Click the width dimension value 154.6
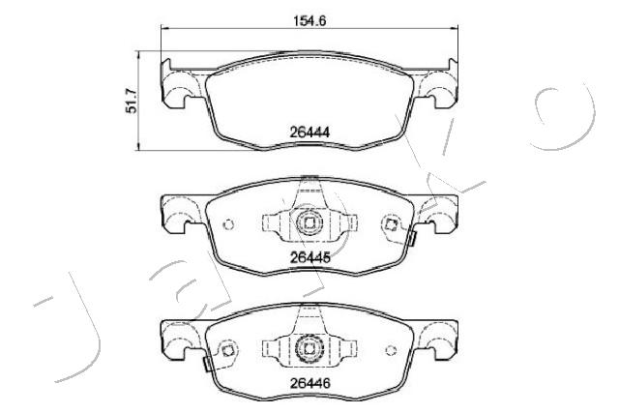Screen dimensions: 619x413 point(309,20)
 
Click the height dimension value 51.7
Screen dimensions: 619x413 point(132,102)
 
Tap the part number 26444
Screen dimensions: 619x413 point(309,133)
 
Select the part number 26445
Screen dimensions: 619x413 point(309,258)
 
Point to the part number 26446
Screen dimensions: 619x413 point(309,383)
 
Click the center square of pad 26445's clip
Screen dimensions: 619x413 point(309,223)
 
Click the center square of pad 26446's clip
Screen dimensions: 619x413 point(309,348)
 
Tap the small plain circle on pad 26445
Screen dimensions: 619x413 point(228,224)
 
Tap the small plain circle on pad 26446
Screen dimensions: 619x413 point(391,350)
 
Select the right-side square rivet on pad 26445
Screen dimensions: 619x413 point(391,225)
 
